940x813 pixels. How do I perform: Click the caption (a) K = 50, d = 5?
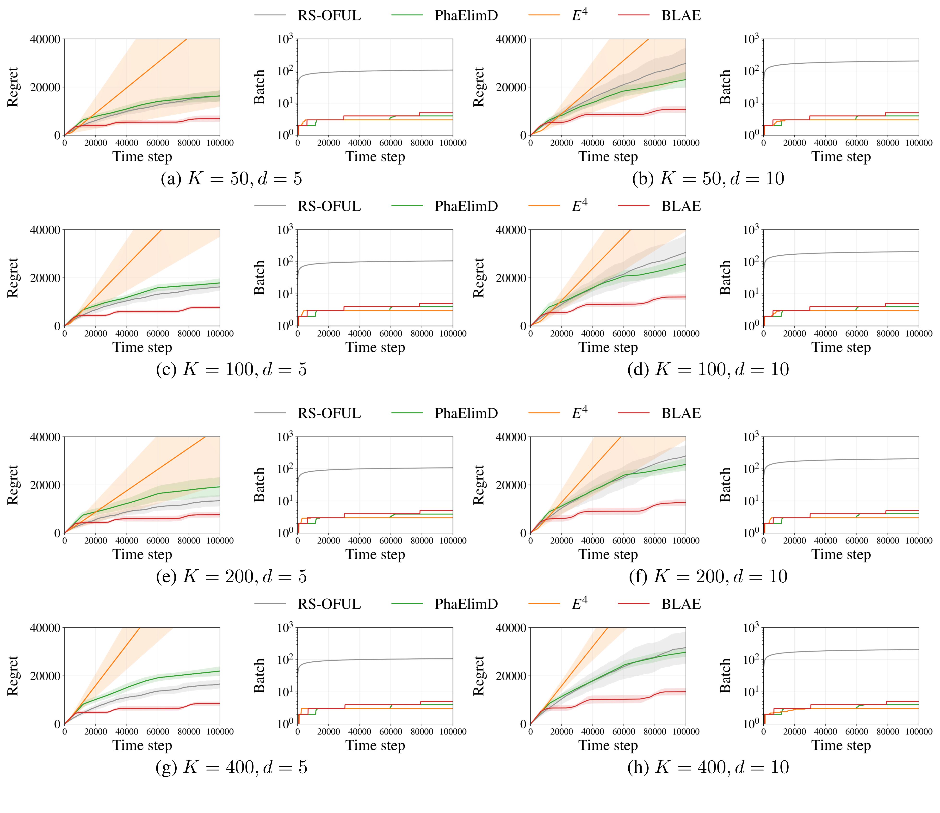tap(231, 179)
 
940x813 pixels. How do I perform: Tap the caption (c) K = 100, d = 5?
tap(231, 369)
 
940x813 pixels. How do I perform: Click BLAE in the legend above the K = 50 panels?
tap(680, 15)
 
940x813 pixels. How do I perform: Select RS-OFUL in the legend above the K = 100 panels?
tap(329, 206)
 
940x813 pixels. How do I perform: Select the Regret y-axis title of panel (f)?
tap(479, 485)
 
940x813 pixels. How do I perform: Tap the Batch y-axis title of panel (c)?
tap(259, 278)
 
